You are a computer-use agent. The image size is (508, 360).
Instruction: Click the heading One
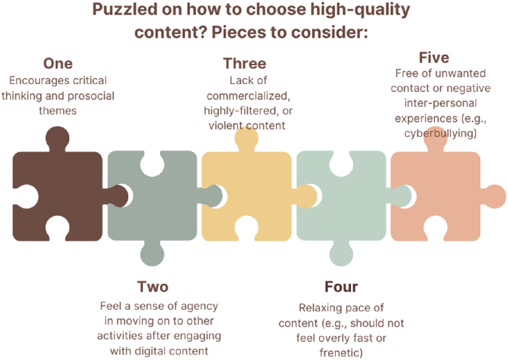pyautogui.click(x=58, y=63)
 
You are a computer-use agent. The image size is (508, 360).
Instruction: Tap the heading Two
pyautogui.click(x=153, y=286)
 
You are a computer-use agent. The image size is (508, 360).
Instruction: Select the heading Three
pyautogui.click(x=245, y=63)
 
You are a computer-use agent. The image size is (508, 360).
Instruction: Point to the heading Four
pyautogui.click(x=341, y=286)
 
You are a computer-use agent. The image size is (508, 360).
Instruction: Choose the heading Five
pyautogui.click(x=434, y=58)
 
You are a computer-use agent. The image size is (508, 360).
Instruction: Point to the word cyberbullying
pyautogui.click(x=441, y=133)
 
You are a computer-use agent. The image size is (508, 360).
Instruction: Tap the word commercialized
pyautogui.click(x=248, y=96)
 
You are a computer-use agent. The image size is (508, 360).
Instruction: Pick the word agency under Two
pyautogui.click(x=199, y=306)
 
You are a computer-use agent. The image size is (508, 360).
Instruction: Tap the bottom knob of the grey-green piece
pyautogui.click(x=152, y=253)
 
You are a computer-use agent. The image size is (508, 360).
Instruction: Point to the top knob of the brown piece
pyautogui.click(x=57, y=139)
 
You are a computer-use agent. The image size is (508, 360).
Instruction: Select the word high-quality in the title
pyautogui.click(x=360, y=10)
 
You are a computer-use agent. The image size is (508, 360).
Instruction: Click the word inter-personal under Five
pyautogui.click(x=441, y=103)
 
